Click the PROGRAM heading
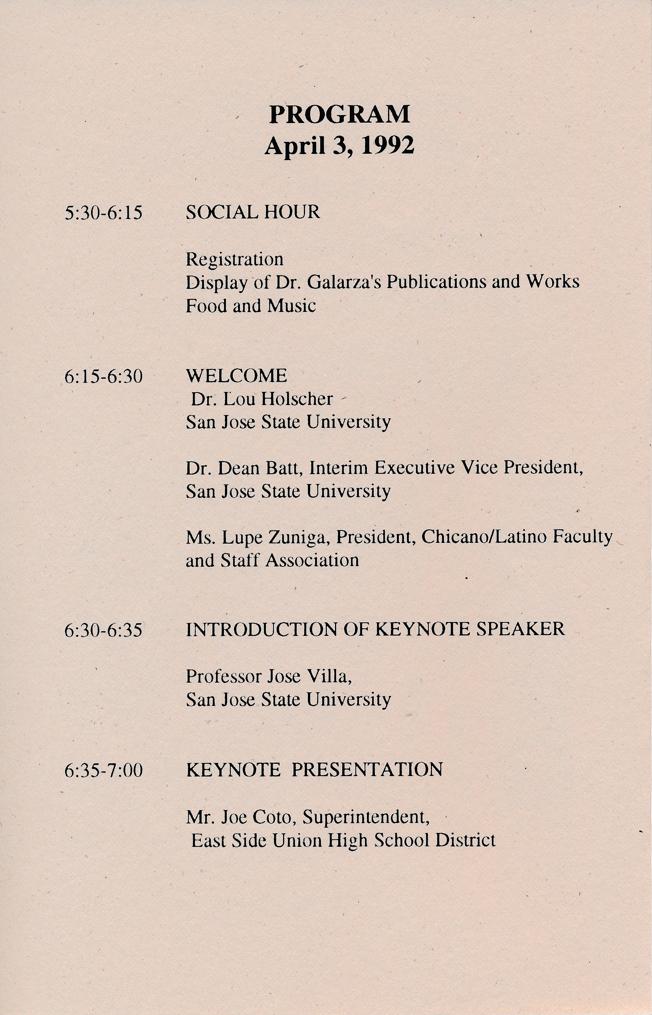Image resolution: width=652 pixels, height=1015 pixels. (339, 114)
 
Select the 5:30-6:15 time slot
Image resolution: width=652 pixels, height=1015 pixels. (103, 213)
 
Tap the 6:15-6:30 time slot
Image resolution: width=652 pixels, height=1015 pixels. (103, 376)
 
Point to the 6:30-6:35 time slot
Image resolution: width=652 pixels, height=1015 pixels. (103, 630)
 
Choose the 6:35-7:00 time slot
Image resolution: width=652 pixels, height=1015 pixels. (103, 770)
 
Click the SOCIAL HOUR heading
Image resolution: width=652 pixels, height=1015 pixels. (253, 212)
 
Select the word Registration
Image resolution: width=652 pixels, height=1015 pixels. (234, 259)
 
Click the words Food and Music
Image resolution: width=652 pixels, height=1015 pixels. (251, 305)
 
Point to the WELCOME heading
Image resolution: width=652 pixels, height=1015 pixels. (236, 375)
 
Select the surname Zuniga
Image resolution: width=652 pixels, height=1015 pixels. (303, 537)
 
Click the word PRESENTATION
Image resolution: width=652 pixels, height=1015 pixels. (367, 769)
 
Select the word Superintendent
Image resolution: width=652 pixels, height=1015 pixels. (366, 817)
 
